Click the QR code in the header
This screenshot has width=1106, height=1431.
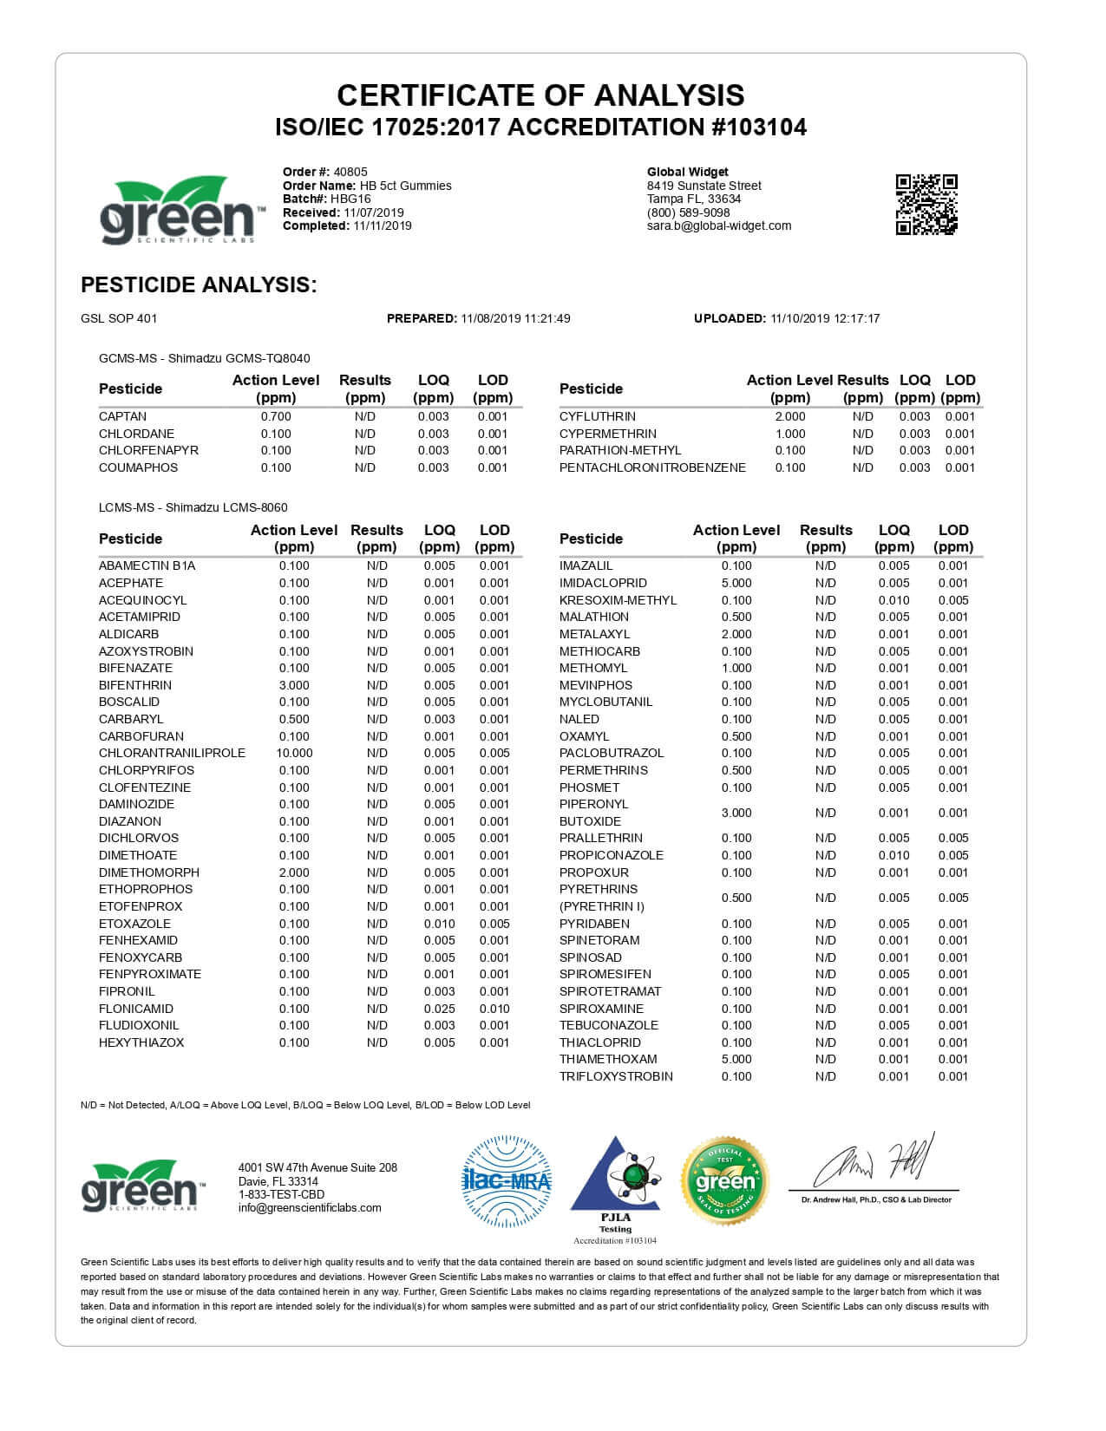click(926, 205)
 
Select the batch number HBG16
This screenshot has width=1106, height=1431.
click(351, 199)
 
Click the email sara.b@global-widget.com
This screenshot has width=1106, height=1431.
click(719, 225)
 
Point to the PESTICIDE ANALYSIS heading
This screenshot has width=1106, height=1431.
click(199, 284)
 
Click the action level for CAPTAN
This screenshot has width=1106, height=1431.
click(276, 416)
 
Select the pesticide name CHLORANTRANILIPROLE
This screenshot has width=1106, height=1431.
click(172, 753)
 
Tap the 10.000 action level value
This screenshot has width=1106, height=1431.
click(294, 753)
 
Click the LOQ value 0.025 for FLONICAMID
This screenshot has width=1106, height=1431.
click(439, 1009)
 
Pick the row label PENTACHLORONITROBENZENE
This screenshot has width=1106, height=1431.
click(652, 467)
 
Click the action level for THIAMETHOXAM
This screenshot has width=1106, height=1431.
click(736, 1059)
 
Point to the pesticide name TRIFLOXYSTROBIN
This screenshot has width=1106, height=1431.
click(616, 1076)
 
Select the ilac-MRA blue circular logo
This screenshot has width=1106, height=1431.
click(507, 1181)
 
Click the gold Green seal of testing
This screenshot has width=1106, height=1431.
click(725, 1181)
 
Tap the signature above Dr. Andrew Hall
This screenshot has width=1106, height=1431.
click(874, 1162)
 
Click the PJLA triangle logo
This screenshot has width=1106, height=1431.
click(615, 1179)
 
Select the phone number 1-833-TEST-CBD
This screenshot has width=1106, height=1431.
click(281, 1194)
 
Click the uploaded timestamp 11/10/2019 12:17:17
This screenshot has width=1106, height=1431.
click(824, 318)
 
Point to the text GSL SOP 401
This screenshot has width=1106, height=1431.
click(119, 318)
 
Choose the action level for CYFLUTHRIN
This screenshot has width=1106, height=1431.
click(789, 416)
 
